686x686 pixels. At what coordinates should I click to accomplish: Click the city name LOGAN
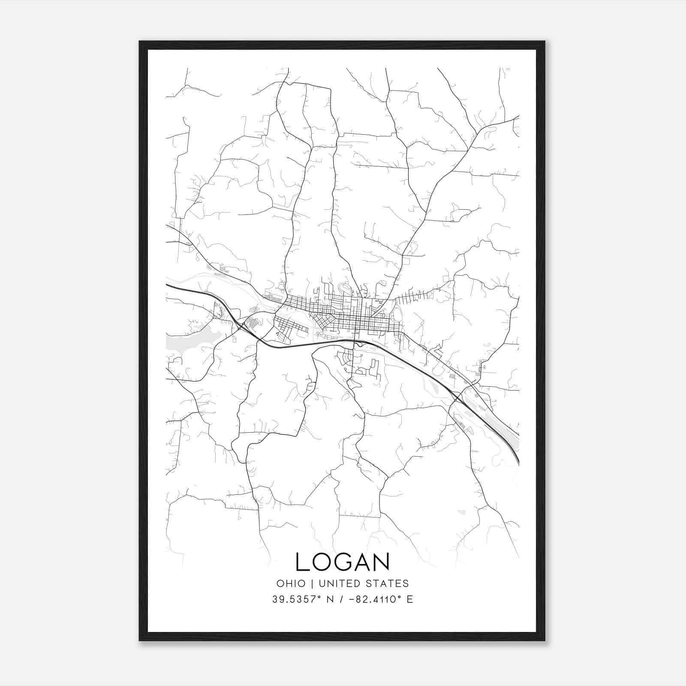[x=343, y=562]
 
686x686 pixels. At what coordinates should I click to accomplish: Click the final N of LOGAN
[x=382, y=562]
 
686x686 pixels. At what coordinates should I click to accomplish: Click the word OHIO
[x=291, y=584]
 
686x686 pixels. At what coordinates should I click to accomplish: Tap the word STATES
[x=390, y=584]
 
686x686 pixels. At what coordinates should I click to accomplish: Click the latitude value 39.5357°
[x=296, y=599]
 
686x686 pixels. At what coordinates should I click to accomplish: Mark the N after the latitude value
[x=330, y=599]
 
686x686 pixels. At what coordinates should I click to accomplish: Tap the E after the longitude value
[x=410, y=599]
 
